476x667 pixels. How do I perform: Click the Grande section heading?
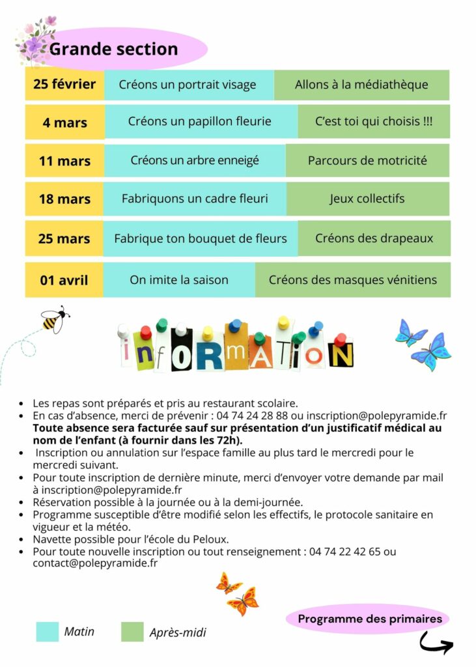click(x=113, y=50)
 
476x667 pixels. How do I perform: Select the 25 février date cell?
click(x=64, y=85)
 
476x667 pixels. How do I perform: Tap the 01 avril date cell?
click(x=64, y=280)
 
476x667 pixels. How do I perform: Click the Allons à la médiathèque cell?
click(x=361, y=85)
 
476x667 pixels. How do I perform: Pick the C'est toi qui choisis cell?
click(x=373, y=122)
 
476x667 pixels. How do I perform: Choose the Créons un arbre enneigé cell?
click(x=195, y=160)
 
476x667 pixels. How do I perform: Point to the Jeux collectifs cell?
click(x=367, y=199)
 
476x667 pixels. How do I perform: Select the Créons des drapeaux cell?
click(x=374, y=238)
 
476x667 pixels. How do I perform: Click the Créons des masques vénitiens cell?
click(x=352, y=280)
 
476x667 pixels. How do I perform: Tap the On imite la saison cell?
click(x=179, y=280)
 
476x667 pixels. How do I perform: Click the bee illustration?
click(x=54, y=319)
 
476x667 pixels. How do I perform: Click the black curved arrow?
click(x=436, y=644)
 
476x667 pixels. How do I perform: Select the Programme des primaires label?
click(x=370, y=619)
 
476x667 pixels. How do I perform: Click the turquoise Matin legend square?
click(x=47, y=631)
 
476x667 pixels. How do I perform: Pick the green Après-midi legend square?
click(x=132, y=631)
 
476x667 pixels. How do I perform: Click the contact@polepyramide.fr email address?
click(x=95, y=563)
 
